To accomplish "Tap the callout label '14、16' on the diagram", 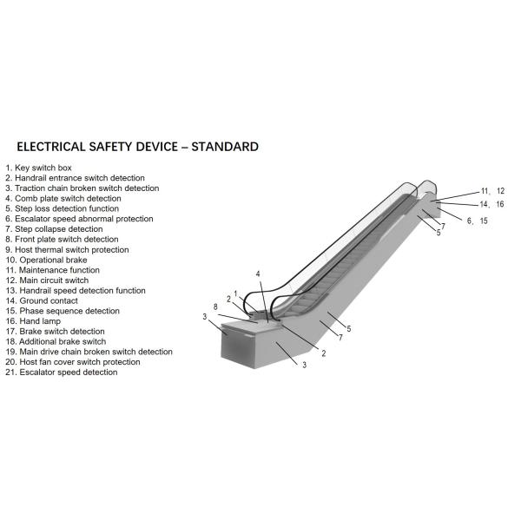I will click(x=491, y=205).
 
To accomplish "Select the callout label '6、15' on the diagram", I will click(x=477, y=221).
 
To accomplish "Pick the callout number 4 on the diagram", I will click(x=258, y=274).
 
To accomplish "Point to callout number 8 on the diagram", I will click(x=215, y=307).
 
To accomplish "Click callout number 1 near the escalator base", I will click(x=235, y=293).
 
